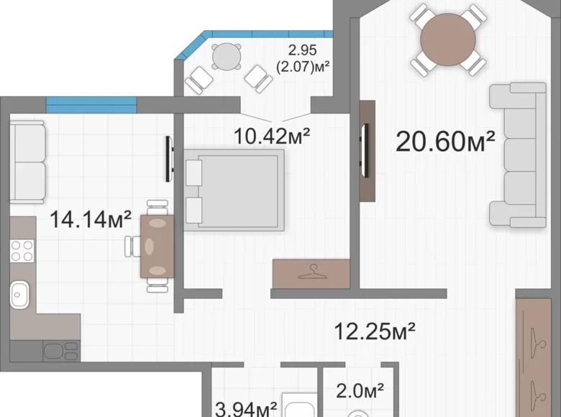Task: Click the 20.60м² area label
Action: click(445, 142)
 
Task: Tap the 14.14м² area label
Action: click(91, 219)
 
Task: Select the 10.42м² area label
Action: click(272, 136)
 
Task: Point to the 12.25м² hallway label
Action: click(375, 331)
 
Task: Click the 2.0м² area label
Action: click(360, 390)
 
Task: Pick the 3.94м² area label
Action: click(246, 409)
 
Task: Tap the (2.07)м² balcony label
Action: click(303, 67)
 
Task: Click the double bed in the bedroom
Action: click(234, 191)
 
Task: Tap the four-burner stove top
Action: click(22, 251)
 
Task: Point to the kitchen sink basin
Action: click(19, 295)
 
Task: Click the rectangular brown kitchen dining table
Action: click(157, 247)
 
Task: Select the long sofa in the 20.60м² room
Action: click(518, 155)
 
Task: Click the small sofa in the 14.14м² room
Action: click(27, 162)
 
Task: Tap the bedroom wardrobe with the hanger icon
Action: click(311, 274)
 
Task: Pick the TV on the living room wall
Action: click(365, 150)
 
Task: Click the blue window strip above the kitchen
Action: click(91, 105)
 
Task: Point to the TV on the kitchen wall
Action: click(169, 158)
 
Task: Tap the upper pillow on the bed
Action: click(194, 173)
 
